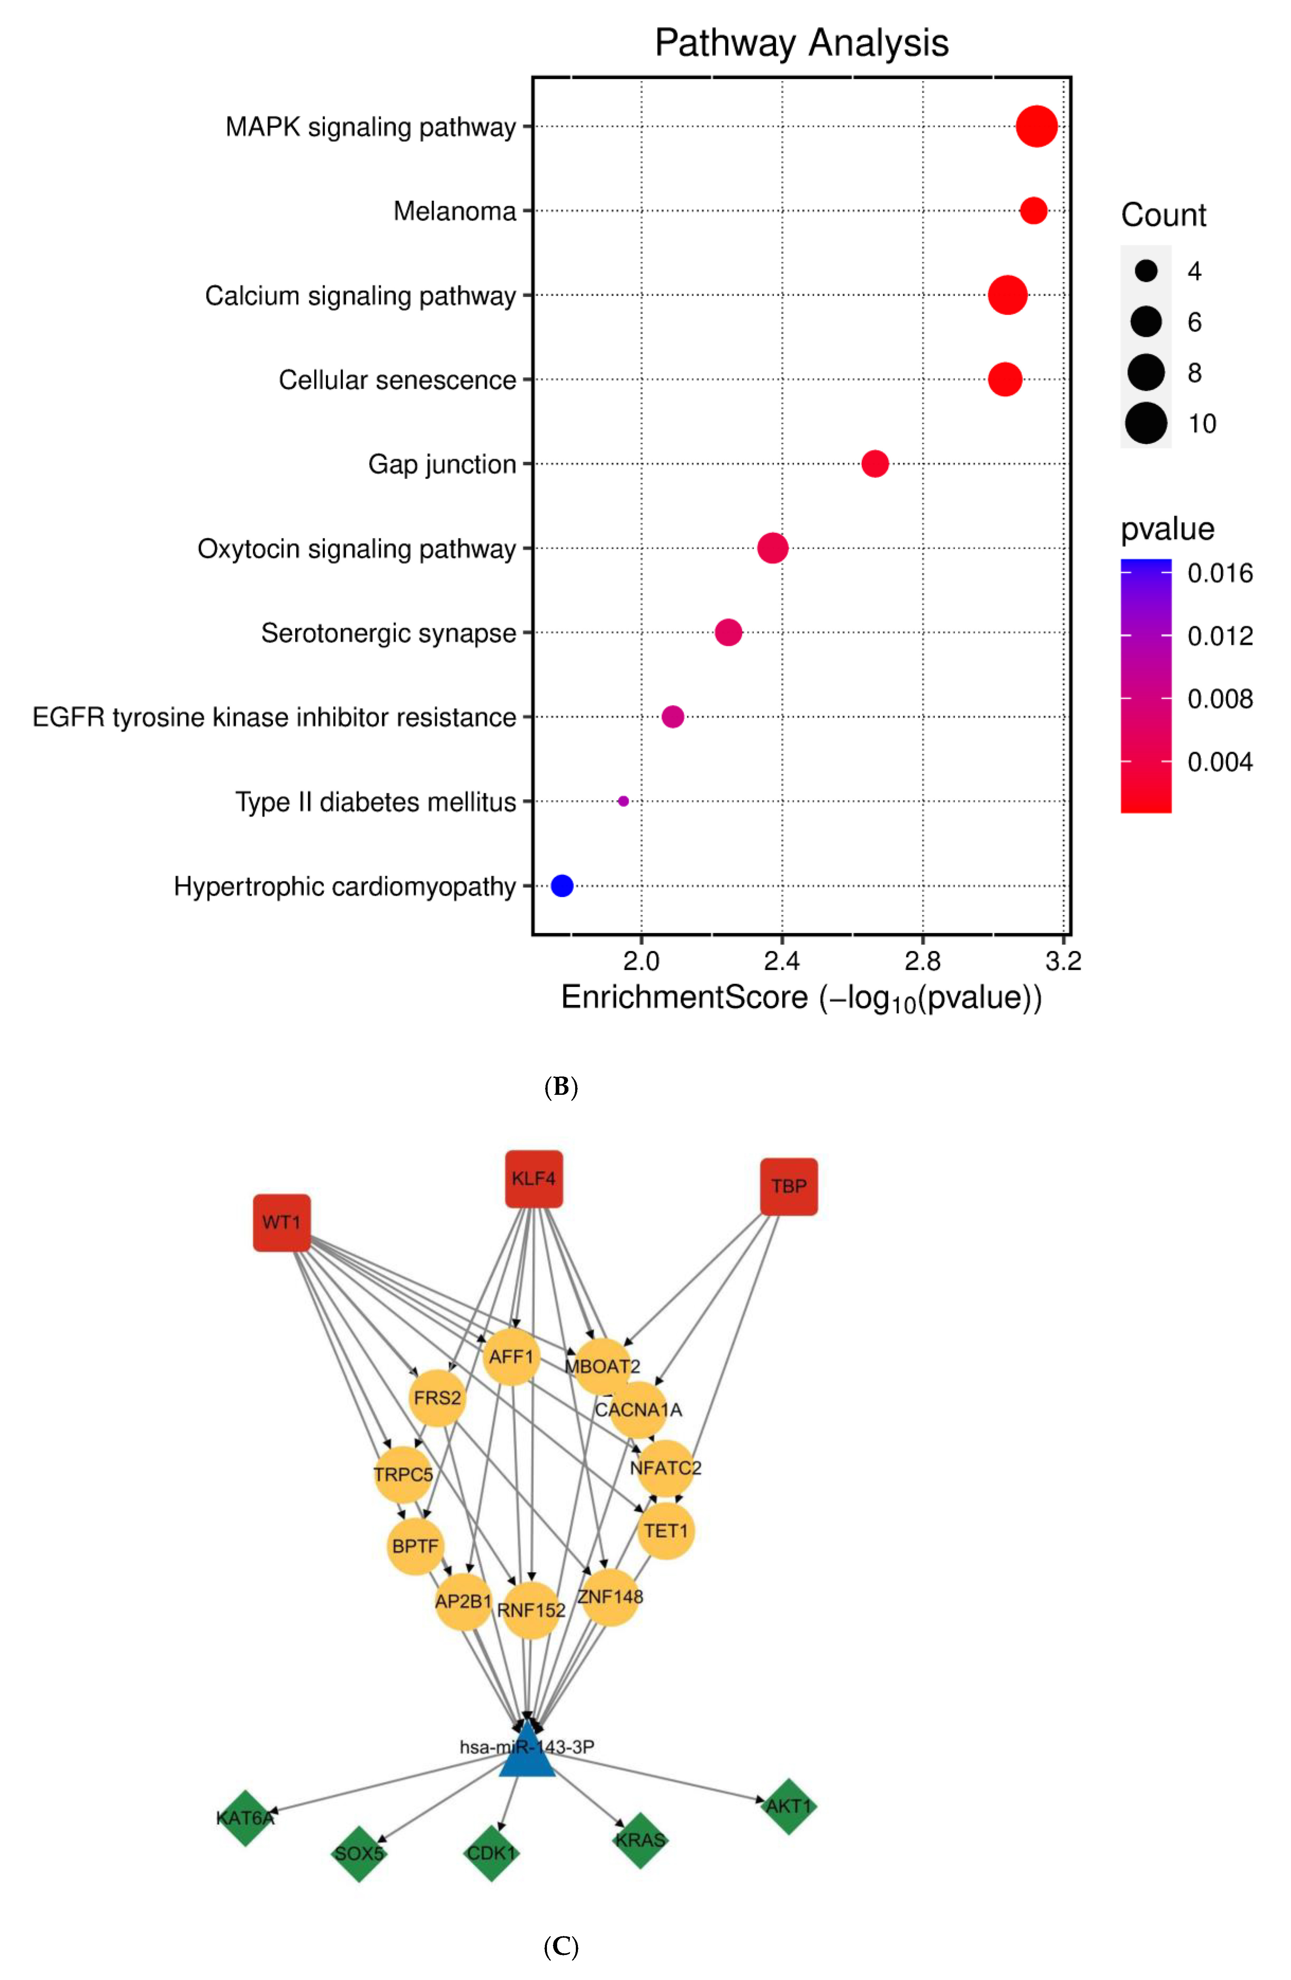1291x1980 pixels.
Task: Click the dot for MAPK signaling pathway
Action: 1036,127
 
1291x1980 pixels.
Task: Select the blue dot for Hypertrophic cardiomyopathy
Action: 562,886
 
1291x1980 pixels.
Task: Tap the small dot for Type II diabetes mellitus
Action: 623,801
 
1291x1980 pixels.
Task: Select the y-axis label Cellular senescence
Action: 397,380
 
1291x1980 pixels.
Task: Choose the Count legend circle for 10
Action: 1146,424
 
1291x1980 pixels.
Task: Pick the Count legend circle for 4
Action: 1146,270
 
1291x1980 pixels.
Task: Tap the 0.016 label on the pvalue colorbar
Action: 1219,573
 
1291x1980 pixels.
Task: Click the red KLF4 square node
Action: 534,1179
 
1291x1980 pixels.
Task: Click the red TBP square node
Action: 788,1186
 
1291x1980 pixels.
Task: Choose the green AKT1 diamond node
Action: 788,1806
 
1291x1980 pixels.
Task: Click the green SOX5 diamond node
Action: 359,1853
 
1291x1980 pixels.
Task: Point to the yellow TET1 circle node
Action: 666,1531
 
